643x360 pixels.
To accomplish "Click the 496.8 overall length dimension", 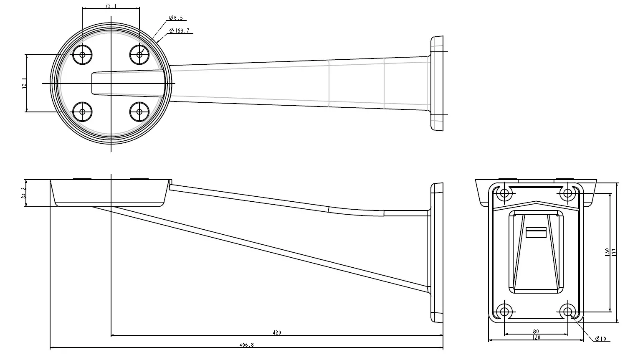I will click(x=246, y=345).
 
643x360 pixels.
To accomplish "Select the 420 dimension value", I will click(x=277, y=332).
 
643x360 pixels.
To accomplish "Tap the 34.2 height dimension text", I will click(x=24, y=193).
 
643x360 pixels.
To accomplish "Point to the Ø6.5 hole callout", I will click(x=175, y=18).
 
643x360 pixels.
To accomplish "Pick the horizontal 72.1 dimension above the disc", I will click(x=110, y=6).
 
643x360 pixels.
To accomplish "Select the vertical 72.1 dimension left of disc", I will click(x=24, y=84).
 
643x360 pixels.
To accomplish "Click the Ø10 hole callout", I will click(x=600, y=339).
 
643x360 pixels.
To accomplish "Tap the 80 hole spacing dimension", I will click(x=536, y=332).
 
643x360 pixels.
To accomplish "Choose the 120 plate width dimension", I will click(x=536, y=337).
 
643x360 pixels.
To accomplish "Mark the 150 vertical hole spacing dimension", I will click(x=607, y=252).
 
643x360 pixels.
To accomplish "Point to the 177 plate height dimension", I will click(x=614, y=252).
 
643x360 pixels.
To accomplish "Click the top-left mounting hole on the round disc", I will click(x=82, y=54).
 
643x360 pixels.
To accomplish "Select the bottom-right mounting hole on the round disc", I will click(x=139, y=112).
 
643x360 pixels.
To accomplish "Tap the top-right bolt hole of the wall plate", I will click(x=567, y=193).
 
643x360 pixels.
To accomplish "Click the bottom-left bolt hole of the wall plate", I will click(x=504, y=311).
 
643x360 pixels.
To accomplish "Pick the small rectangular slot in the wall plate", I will click(x=536, y=233).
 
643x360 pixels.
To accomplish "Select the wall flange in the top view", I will click(x=437, y=83).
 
